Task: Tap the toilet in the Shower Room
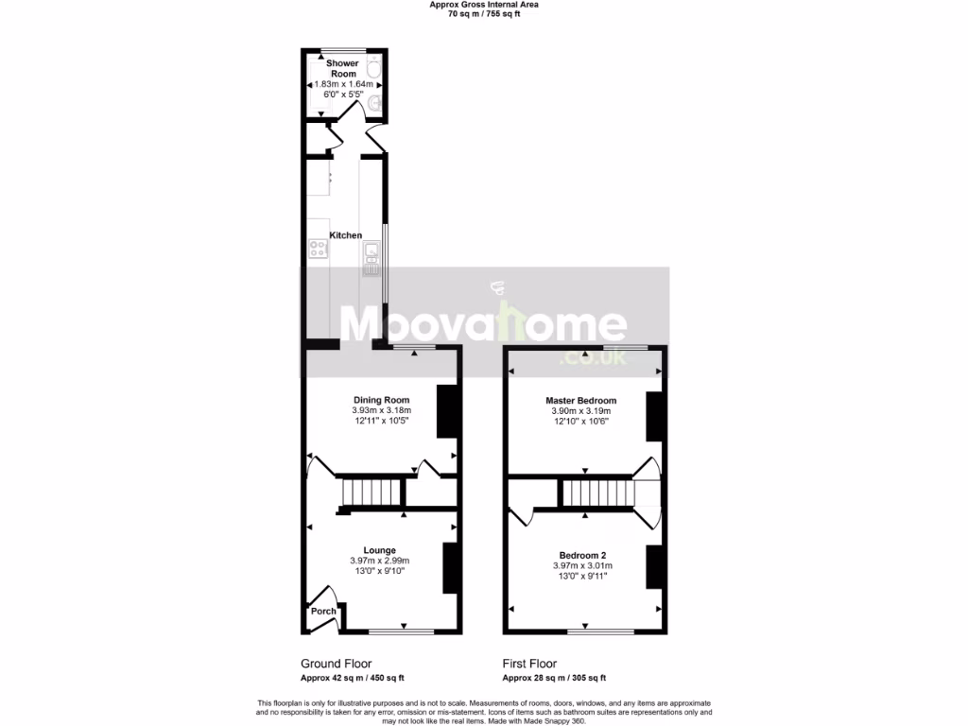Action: pos(373,69)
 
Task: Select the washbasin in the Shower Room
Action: pos(375,104)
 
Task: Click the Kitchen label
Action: pos(345,234)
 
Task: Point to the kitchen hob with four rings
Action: pos(319,249)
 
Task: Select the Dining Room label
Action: pos(381,400)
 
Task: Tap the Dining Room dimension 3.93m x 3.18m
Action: pos(381,410)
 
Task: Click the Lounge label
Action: pos(380,550)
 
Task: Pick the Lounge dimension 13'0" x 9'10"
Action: pos(380,571)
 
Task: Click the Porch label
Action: pos(323,612)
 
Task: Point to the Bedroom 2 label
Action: pos(582,555)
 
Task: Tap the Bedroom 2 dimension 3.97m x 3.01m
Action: pos(582,565)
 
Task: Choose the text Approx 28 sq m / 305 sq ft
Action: pos(553,678)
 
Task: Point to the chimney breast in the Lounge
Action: pos(452,567)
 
